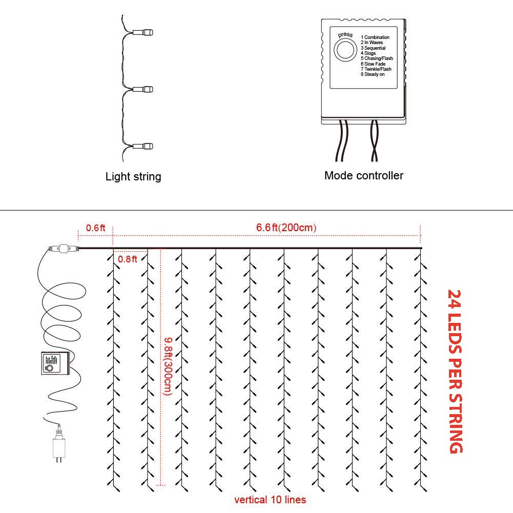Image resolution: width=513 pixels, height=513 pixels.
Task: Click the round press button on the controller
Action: point(344,51)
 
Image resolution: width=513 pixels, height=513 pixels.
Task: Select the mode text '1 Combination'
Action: point(375,37)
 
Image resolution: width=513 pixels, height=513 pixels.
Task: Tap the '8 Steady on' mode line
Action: point(373,74)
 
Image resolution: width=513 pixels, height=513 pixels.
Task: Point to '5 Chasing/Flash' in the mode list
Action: point(376,58)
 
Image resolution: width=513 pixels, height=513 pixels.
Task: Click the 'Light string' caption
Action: point(133,177)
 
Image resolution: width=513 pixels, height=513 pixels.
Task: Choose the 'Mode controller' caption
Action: point(364,175)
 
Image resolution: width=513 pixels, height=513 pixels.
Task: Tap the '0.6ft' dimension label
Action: point(95,228)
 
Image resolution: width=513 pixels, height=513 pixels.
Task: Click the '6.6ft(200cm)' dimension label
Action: point(286,228)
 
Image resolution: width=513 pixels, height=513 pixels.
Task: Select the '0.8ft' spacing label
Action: point(128,259)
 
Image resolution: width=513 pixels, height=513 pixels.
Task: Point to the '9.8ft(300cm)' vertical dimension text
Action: point(168,366)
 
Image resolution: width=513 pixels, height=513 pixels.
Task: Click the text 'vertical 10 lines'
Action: point(270,500)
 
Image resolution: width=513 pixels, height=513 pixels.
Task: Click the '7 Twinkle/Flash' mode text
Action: point(376,69)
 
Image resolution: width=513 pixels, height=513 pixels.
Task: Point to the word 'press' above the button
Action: point(345,35)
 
